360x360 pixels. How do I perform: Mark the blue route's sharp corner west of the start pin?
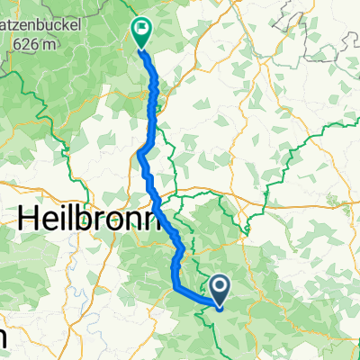tap(173, 287)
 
